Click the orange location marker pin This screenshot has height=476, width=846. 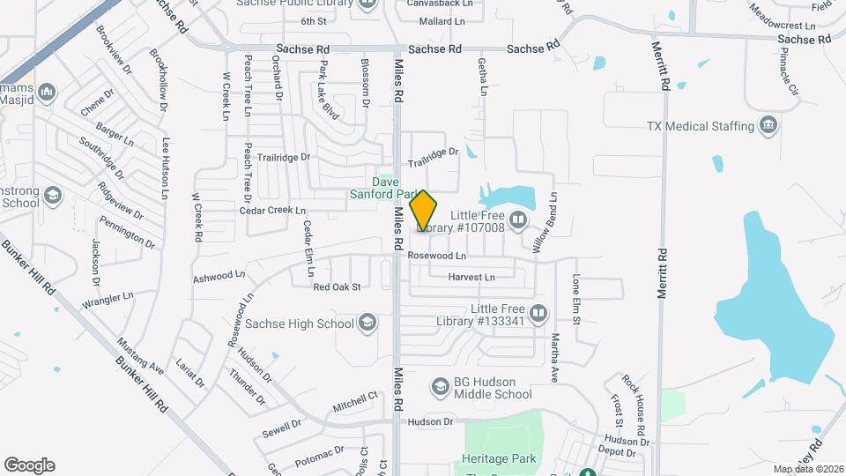(x=424, y=211)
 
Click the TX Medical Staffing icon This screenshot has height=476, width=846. (x=769, y=125)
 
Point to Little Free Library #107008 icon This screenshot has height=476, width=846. (x=520, y=220)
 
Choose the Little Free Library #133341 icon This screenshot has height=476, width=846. (x=538, y=313)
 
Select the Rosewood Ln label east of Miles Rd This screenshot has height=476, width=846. (x=437, y=255)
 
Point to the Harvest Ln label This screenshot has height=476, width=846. (x=471, y=277)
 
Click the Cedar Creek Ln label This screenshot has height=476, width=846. (x=272, y=211)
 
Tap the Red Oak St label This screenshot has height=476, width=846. (x=338, y=286)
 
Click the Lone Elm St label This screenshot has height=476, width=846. (x=577, y=300)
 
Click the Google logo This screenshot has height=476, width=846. (x=29, y=465)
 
